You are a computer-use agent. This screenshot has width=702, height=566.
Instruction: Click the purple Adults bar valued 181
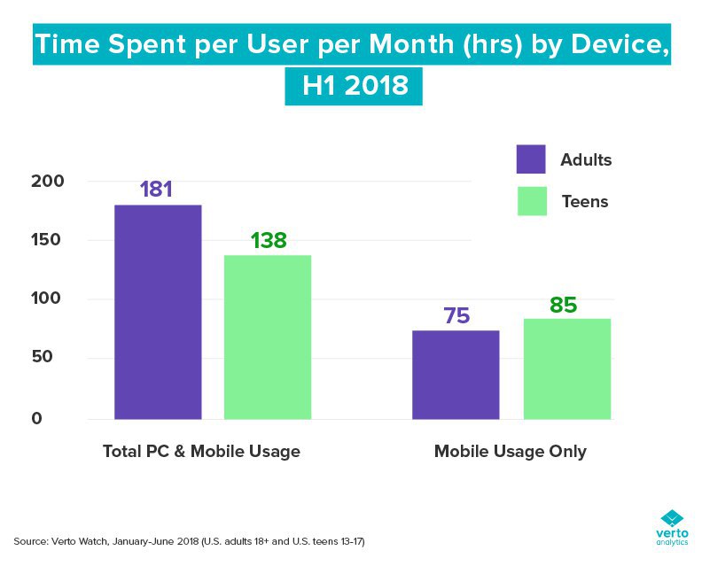pos(158,311)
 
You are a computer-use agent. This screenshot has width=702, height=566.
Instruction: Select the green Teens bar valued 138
pos(268,337)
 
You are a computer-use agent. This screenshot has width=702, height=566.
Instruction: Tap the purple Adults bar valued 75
pos(456,374)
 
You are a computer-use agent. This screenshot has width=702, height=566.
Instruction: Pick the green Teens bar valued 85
pos(566,368)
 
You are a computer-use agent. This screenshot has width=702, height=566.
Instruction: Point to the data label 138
pos(268,240)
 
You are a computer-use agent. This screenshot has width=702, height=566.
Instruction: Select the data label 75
pos(456,315)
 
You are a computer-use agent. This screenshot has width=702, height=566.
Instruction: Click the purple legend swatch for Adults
pos(530,159)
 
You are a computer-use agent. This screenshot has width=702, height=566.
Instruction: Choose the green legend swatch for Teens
pos(530,201)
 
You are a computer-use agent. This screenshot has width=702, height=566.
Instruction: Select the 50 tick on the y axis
pos(55,359)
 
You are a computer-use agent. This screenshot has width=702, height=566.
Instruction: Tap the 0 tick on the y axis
pos(61,418)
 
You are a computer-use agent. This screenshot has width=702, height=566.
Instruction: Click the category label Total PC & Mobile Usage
pos(201,452)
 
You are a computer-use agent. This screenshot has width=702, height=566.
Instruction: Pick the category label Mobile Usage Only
pos(510,452)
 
